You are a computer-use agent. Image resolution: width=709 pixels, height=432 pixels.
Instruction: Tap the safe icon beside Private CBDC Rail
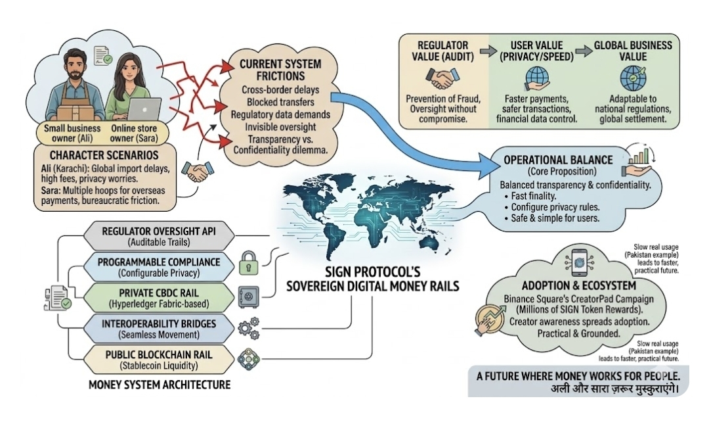(250, 295)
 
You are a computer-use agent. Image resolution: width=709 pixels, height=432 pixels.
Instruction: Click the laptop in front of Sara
(144, 108)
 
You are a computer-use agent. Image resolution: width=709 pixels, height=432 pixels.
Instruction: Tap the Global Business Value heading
(633, 51)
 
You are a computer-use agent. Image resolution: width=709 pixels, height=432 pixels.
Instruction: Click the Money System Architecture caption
(159, 384)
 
